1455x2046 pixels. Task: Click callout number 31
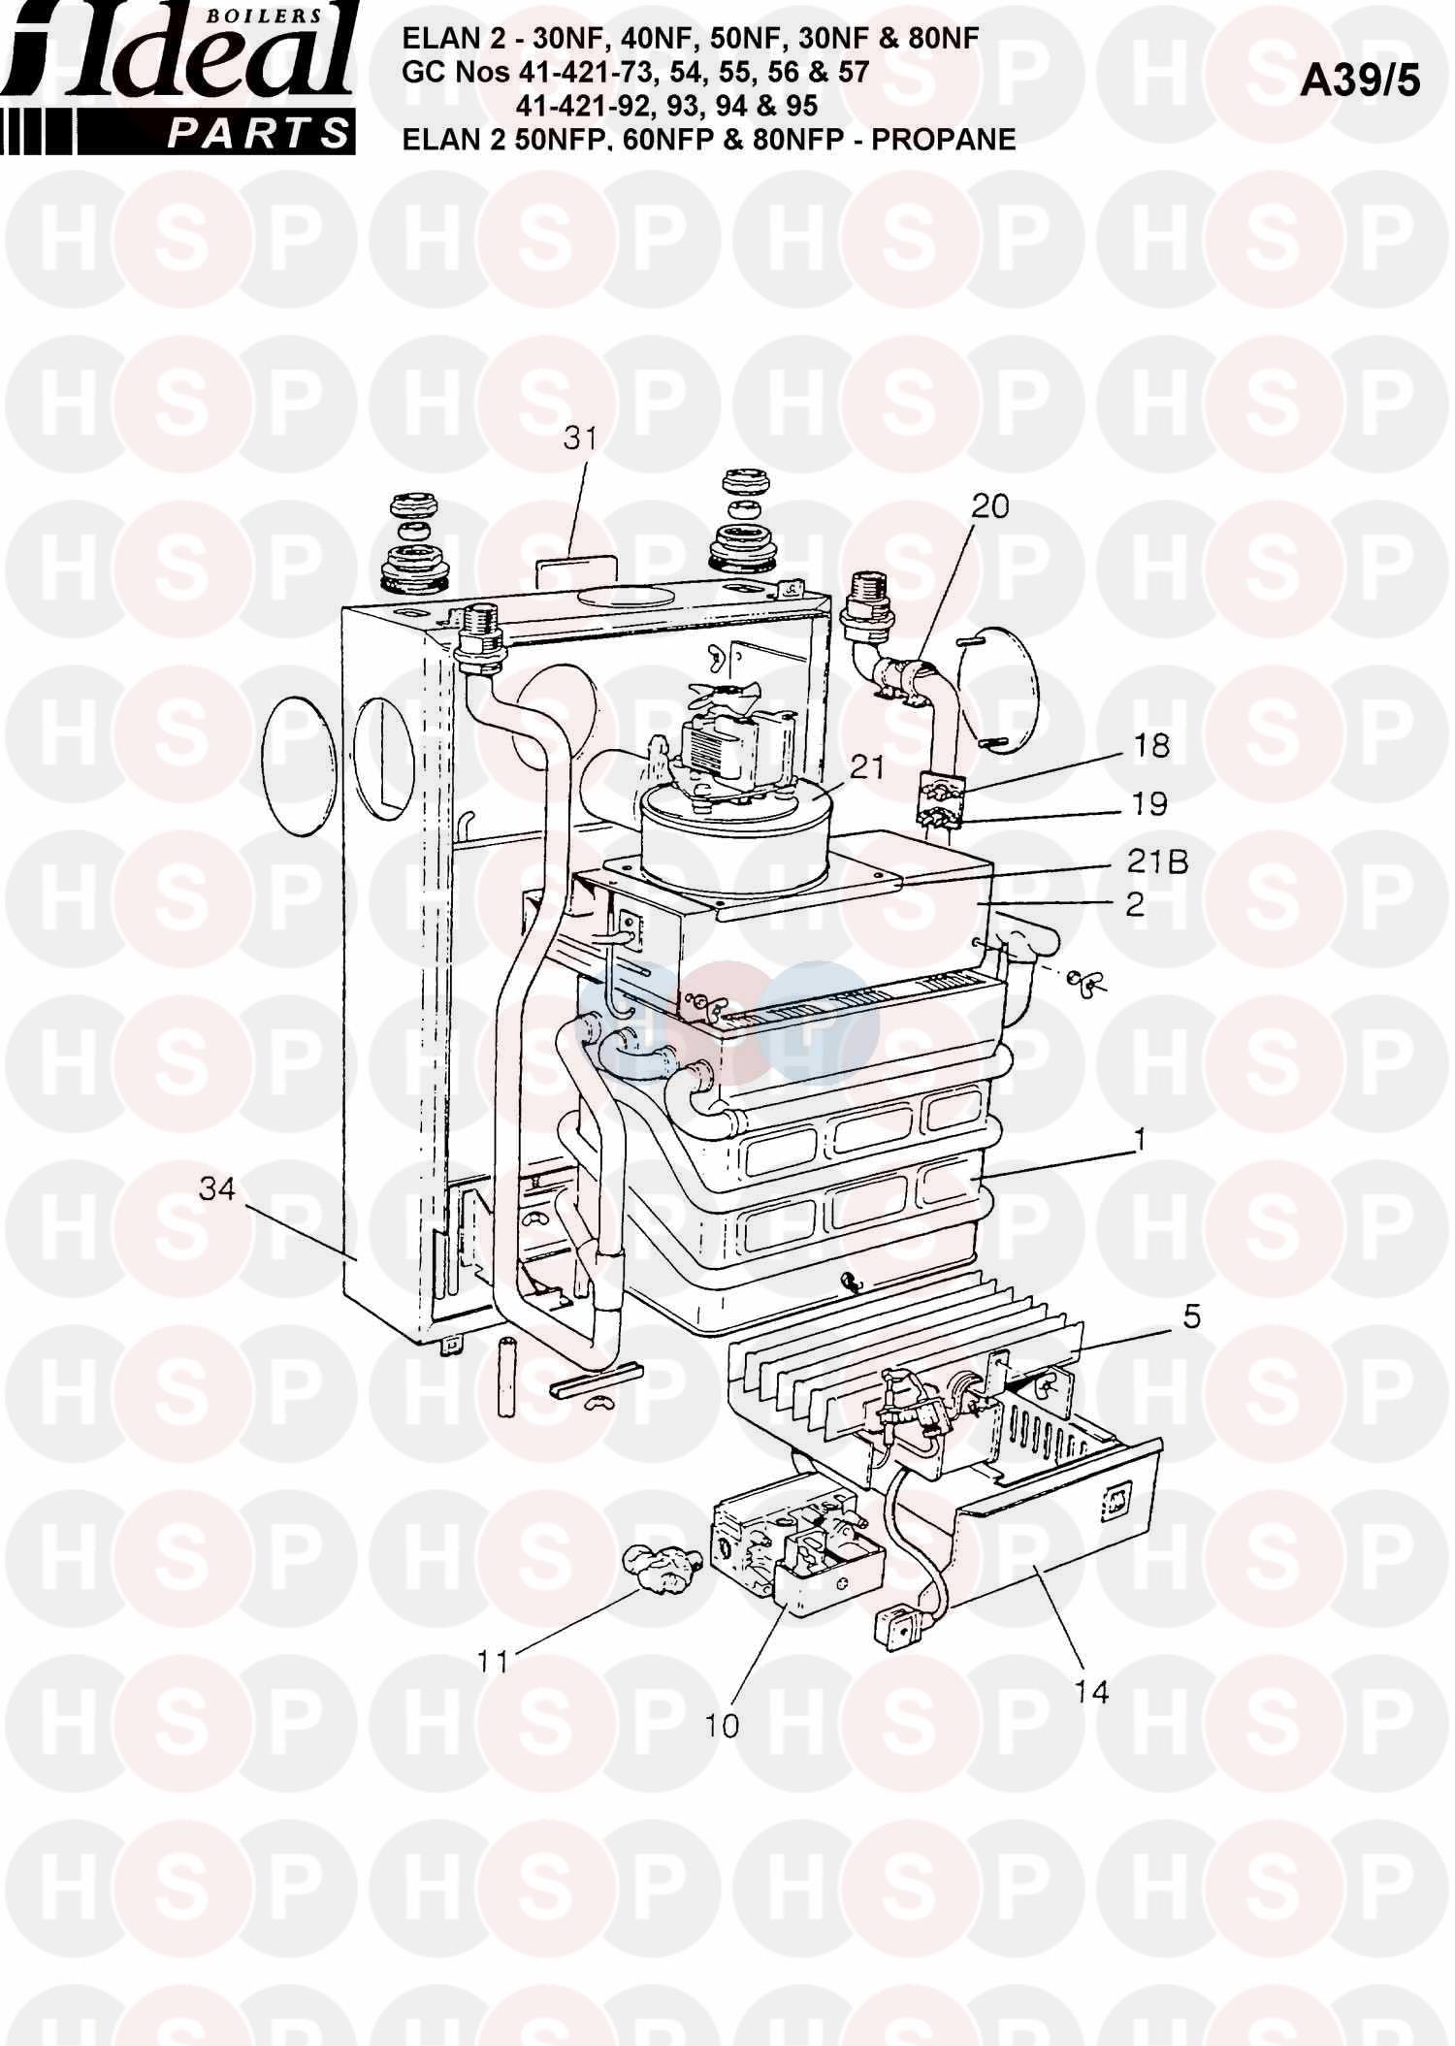(x=580, y=438)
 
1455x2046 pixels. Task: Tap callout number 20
(x=989, y=505)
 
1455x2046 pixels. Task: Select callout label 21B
(x=1155, y=861)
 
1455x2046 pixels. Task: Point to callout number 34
(x=216, y=1187)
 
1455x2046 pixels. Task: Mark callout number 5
(x=1191, y=1316)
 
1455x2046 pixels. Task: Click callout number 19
(x=1148, y=804)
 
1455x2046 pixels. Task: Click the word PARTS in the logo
(x=257, y=133)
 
